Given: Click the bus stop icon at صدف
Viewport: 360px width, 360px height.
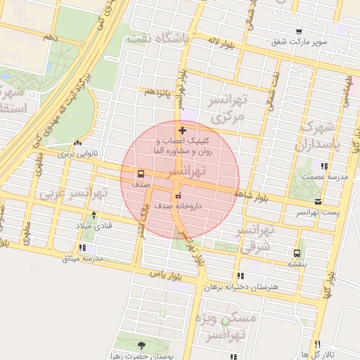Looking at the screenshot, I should (x=141, y=174).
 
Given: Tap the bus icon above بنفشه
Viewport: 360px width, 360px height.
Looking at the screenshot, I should (x=296, y=253).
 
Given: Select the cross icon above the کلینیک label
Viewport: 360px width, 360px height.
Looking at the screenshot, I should (x=183, y=130).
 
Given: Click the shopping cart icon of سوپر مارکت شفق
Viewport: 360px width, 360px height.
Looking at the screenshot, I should (x=299, y=32).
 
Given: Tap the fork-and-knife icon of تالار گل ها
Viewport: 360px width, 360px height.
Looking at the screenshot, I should (x=318, y=344).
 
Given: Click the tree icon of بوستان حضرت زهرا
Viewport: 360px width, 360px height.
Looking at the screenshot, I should (x=143, y=345).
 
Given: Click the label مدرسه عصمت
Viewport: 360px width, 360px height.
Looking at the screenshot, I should (x=325, y=177).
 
